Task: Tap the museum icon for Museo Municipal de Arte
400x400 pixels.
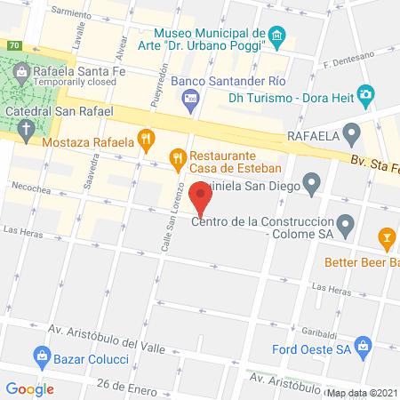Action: (x=276, y=37)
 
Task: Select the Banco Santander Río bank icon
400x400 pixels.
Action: (x=190, y=102)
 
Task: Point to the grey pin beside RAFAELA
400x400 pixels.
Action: (x=353, y=136)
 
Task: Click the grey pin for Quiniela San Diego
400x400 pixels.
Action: (x=311, y=185)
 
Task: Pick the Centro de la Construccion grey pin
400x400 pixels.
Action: (x=347, y=222)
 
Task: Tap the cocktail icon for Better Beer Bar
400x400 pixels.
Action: (x=387, y=236)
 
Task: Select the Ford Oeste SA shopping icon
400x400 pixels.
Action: (x=363, y=346)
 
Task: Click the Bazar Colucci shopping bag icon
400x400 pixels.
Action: (x=41, y=356)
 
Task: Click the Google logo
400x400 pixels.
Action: (x=30, y=388)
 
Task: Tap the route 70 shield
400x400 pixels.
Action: (x=13, y=45)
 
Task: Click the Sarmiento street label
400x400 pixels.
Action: (x=71, y=15)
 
